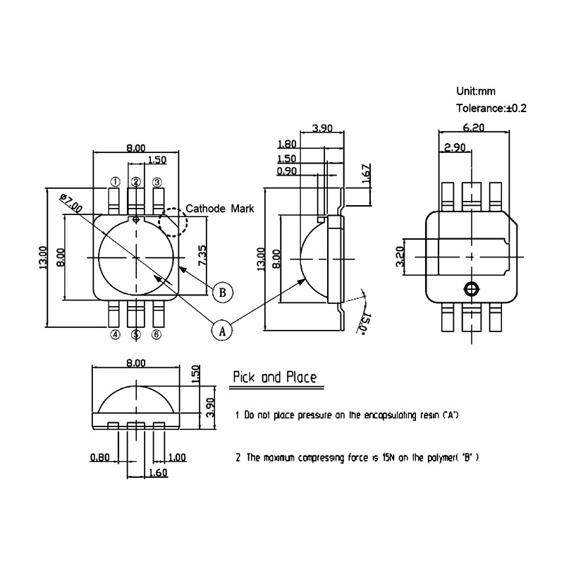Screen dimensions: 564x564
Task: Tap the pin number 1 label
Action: [114, 183]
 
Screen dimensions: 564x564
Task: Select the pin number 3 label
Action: [157, 183]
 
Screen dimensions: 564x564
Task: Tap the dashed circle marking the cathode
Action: [173, 222]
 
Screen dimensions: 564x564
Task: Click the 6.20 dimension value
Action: [473, 128]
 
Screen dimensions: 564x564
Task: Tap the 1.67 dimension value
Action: [366, 173]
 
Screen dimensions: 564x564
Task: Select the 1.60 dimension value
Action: [158, 473]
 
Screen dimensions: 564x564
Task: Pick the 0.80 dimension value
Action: [99, 457]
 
